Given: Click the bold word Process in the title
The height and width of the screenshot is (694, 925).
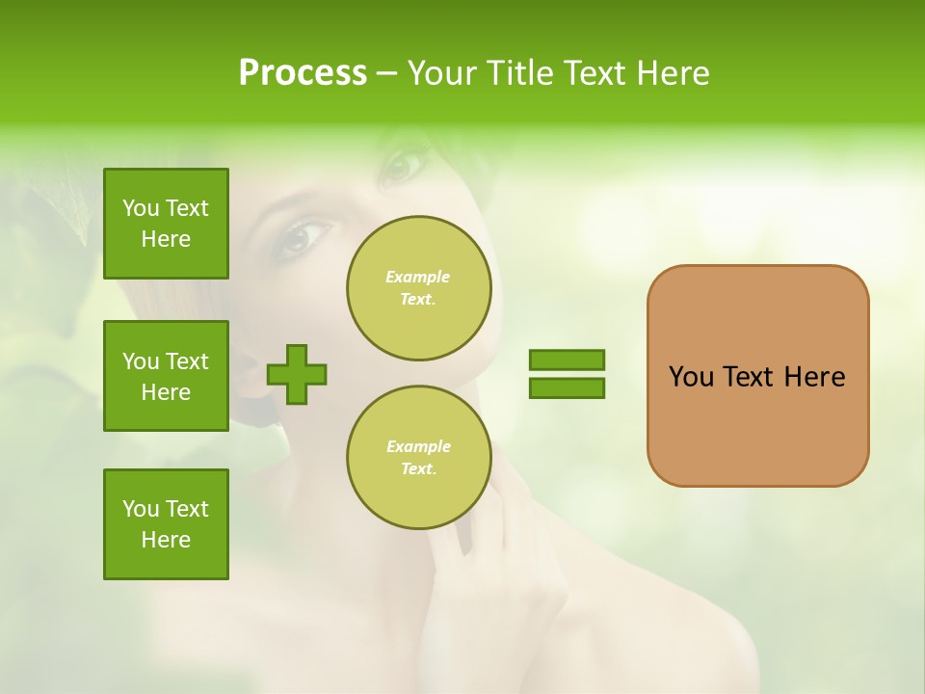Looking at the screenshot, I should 303,73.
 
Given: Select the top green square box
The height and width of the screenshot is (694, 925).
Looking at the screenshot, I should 166,224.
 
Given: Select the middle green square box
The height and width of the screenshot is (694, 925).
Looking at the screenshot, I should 166,376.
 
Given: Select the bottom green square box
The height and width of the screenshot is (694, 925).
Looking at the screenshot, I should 166,524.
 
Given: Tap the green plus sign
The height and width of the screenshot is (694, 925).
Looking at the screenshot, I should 297,373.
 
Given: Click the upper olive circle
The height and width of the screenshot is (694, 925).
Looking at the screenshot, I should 418,288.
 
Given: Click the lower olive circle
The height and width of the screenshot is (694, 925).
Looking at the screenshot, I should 418,458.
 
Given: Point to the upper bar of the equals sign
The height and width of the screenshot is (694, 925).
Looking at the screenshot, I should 567,360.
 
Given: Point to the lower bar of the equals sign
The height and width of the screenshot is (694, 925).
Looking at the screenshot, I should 567,388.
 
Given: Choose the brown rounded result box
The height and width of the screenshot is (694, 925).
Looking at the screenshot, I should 757,376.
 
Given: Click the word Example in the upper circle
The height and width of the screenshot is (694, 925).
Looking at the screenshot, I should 417,277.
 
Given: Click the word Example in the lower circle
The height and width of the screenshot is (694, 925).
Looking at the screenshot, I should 418,446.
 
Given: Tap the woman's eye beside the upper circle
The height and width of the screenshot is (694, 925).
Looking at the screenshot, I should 304,236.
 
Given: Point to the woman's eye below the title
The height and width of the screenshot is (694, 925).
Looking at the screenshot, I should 403,163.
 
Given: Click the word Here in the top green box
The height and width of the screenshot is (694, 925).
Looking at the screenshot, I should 166,239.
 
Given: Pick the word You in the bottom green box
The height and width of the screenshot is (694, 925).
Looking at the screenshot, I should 141,509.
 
